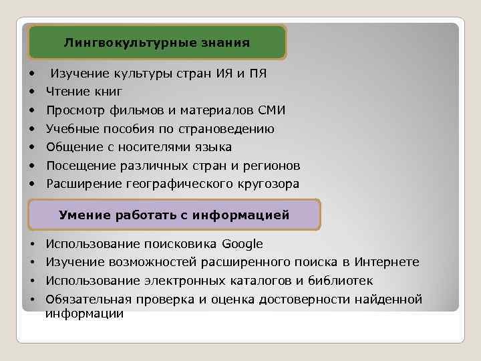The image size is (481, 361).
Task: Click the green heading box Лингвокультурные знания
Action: pos(157,43)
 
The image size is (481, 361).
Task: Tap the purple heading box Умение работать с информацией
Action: pos(174,215)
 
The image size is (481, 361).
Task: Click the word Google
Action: pos(242,244)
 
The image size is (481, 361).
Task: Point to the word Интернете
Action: pos(387,262)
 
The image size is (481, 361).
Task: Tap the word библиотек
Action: pos(340,281)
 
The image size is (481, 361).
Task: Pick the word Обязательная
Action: pos(85,299)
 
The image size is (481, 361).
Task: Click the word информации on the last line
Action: pos(84,313)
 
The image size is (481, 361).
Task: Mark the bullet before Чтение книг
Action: pos(31,92)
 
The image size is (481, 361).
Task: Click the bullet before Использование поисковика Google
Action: pos(31,245)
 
